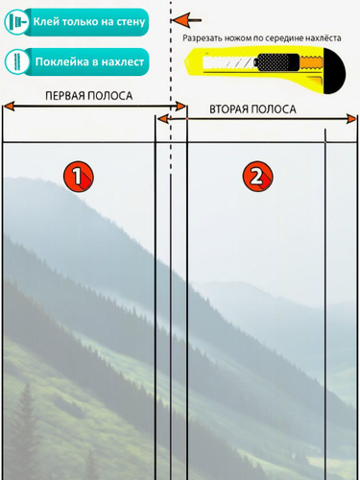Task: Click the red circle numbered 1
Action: (78, 177)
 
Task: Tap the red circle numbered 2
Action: (257, 177)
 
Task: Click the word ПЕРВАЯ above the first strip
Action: (65, 96)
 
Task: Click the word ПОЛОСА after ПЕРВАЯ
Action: (110, 96)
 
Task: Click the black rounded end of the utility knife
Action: (334, 71)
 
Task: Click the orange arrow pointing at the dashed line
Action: (186, 20)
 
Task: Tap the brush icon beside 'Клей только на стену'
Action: (16, 22)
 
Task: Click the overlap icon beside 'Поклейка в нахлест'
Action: (16, 61)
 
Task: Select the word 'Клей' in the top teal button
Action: (46, 22)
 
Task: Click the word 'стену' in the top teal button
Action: (131, 22)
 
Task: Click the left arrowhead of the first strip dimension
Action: (9, 107)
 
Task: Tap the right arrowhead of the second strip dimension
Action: (351, 119)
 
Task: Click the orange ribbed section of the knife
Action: (311, 62)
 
